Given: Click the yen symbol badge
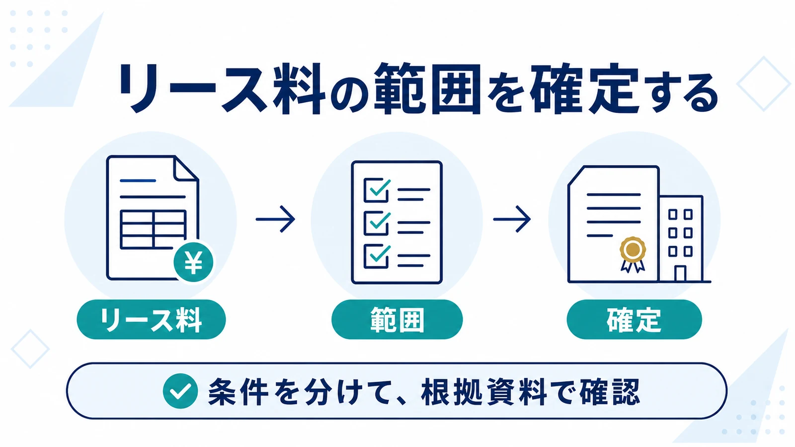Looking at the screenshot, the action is pyautogui.click(x=193, y=262).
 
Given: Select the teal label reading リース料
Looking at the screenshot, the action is pyautogui.click(x=151, y=319).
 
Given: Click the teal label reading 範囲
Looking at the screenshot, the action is pyautogui.click(x=397, y=319).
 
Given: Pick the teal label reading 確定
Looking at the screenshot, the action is pyautogui.click(x=634, y=319).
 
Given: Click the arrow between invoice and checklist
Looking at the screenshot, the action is pyautogui.click(x=275, y=219).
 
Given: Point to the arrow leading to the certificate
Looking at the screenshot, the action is pyautogui.click(x=512, y=219).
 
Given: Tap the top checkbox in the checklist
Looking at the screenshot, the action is pyautogui.click(x=376, y=190).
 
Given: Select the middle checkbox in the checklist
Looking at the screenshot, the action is pyautogui.click(x=376, y=223).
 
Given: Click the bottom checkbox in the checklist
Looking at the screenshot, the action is pyautogui.click(x=376, y=256).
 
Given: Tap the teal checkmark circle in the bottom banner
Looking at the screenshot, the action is pyautogui.click(x=180, y=391).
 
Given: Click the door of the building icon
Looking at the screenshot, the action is pyautogui.click(x=680, y=274).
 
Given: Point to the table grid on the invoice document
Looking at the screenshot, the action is pyautogui.click(x=153, y=229).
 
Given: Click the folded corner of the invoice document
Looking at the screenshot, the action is pyautogui.click(x=186, y=168).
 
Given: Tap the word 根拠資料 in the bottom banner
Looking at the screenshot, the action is pyautogui.click(x=484, y=392).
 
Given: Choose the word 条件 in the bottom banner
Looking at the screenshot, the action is pyautogui.click(x=238, y=392).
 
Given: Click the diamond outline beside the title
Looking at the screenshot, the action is pyautogui.click(x=764, y=84).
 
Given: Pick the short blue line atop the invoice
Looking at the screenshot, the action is pyautogui.click(x=138, y=181).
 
